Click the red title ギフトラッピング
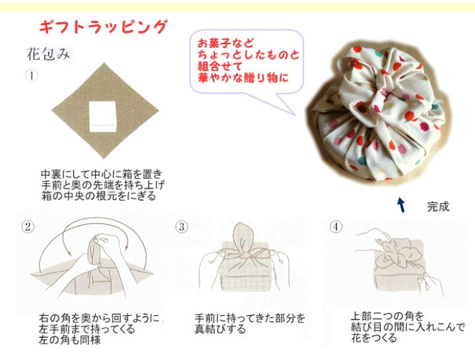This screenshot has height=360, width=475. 104,26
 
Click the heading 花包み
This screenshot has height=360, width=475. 48,54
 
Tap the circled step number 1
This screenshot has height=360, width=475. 32,75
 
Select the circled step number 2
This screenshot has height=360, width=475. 28,226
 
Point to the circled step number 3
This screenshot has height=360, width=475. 182,226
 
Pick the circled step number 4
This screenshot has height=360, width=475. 336,226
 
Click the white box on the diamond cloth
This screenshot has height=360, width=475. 103,117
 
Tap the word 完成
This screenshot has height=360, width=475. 438,207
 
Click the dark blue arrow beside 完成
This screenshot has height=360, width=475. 401,205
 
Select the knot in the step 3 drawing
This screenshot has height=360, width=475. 245,256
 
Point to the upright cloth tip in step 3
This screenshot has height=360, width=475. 242,237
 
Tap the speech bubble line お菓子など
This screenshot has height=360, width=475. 226,43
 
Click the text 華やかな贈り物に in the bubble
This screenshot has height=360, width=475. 243,78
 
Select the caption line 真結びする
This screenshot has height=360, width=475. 220,329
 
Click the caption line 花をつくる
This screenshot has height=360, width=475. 374,338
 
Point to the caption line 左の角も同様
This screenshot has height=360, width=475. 70,340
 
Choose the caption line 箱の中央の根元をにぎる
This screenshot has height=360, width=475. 99,196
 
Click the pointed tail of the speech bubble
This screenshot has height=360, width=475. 296,115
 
